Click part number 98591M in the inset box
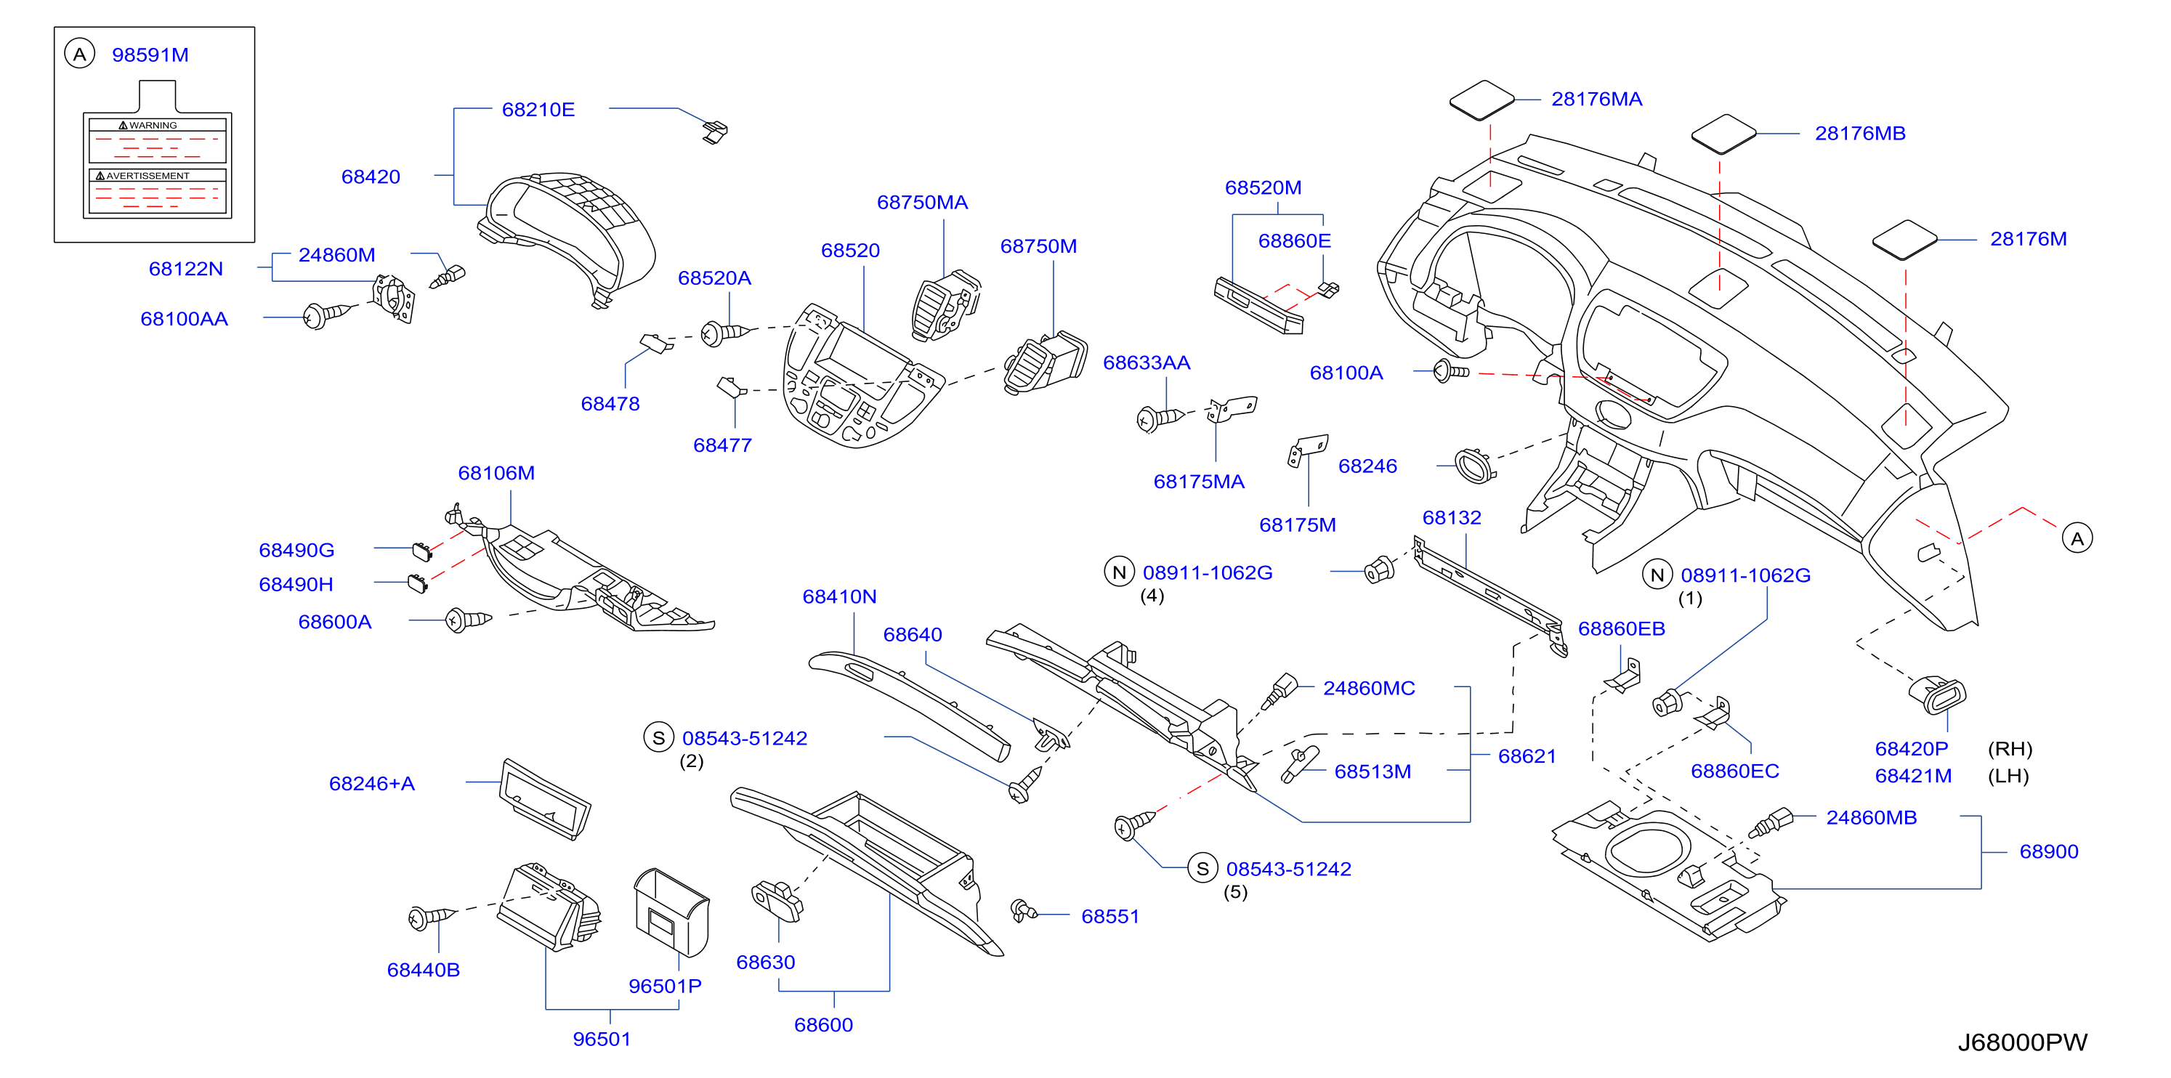150,54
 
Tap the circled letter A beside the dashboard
2077,538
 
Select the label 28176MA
1596,100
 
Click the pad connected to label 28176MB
1723,134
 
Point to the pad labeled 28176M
1904,240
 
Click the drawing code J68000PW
2022,1042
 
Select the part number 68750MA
922,202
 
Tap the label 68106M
496,473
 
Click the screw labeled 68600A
468,620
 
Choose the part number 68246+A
372,783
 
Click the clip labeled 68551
1023,909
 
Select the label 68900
2049,851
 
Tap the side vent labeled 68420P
1937,694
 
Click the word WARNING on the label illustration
153,126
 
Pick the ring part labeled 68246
1475,466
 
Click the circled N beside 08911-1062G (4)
1119,572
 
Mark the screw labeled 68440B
431,918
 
